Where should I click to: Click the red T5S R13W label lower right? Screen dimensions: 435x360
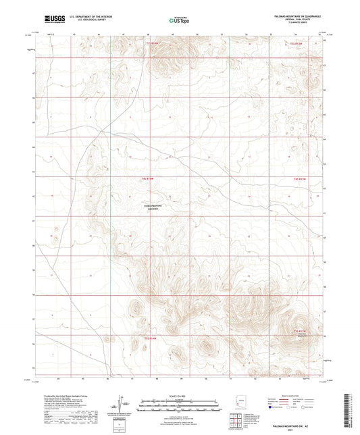pyautogui.click(x=300, y=331)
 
